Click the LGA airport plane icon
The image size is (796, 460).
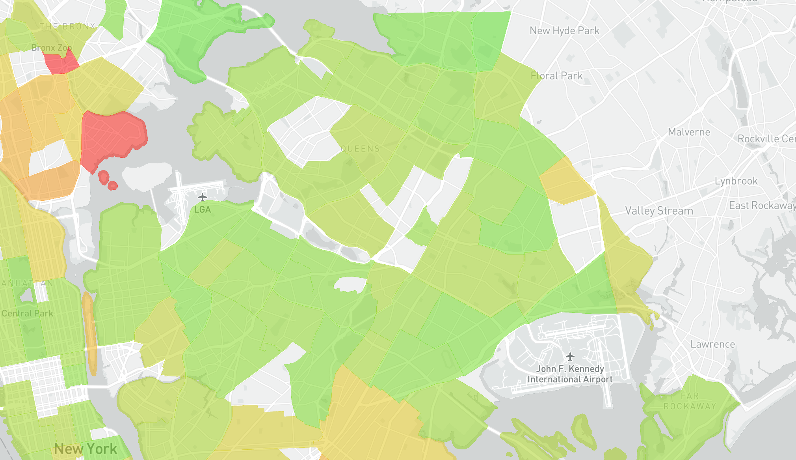[202, 197]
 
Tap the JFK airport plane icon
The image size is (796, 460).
[570, 357]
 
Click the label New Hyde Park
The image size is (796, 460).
[564, 31]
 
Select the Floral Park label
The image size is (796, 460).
[556, 76]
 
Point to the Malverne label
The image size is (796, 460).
[689, 132]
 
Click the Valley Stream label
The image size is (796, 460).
[659, 211]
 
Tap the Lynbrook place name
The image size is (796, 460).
[736, 181]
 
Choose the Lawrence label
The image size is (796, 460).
[712, 344]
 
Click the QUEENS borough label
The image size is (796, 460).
[360, 149]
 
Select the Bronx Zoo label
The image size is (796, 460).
[51, 48]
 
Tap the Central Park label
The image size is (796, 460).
[27, 314]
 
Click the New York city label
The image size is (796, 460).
[86, 449]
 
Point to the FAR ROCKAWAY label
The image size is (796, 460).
[690, 401]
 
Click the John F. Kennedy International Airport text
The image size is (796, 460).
[570, 374]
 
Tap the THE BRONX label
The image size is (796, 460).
[67, 26]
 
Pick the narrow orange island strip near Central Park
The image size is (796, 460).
[90, 331]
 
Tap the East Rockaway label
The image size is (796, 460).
[761, 206]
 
